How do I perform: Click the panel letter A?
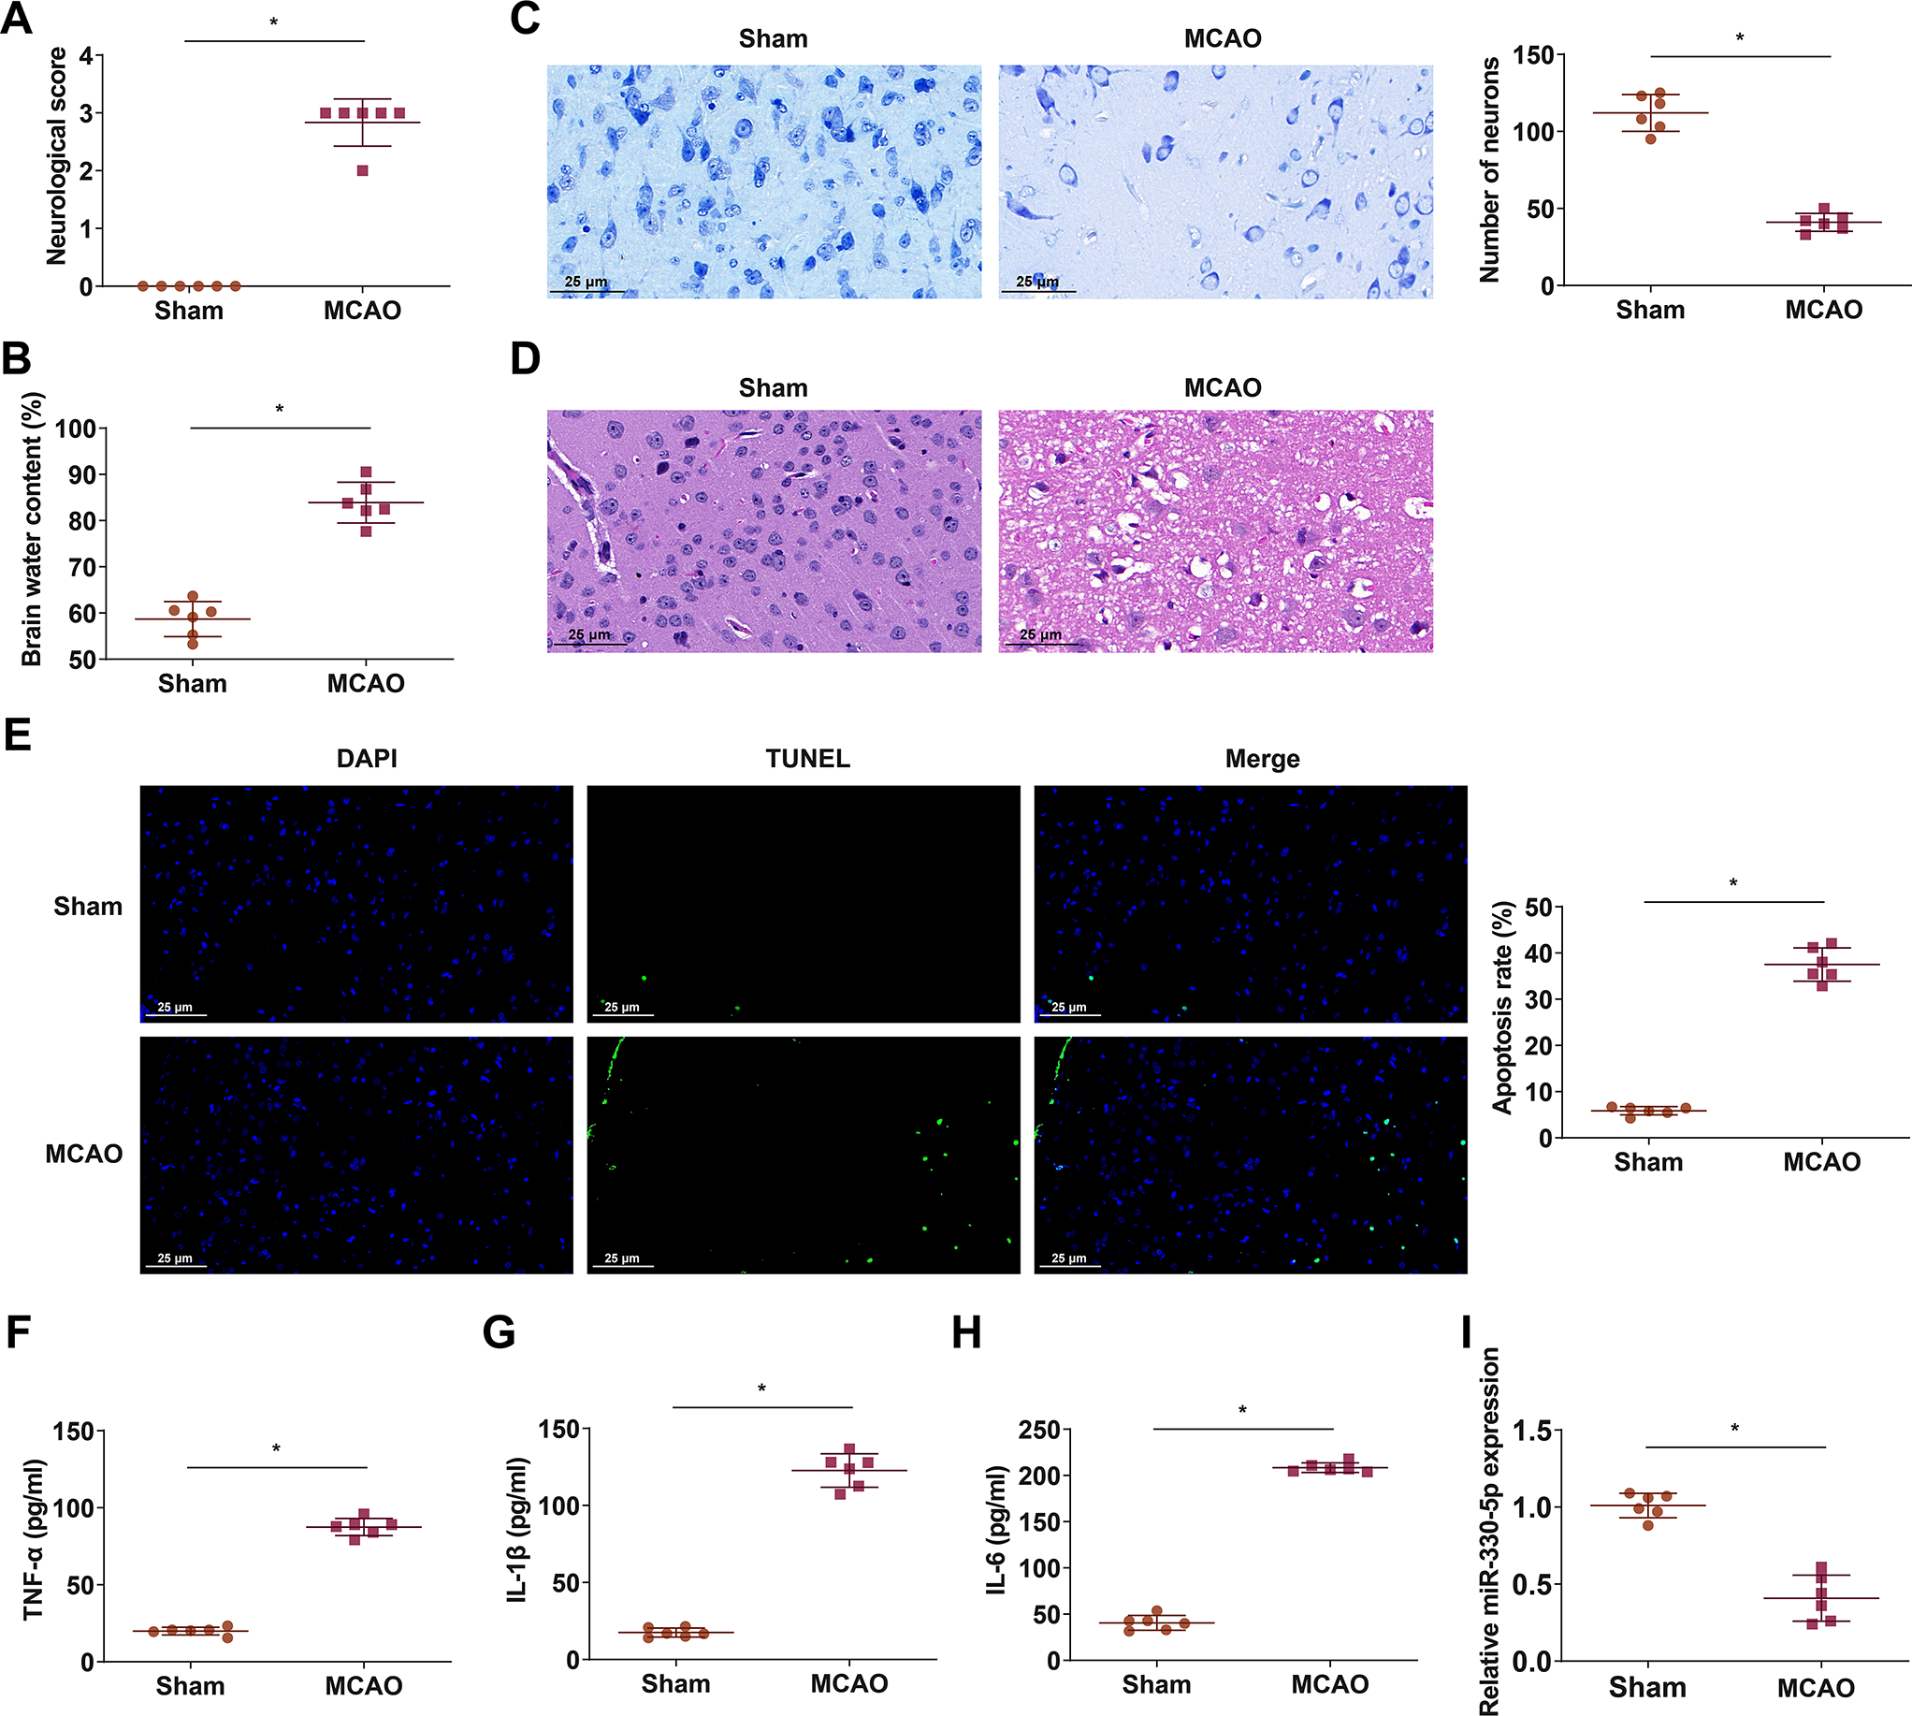[16, 18]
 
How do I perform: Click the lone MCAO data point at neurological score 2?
[362, 170]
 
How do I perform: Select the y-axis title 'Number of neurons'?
[1489, 169]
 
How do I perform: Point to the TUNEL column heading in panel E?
[807, 759]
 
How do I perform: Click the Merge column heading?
[1262, 759]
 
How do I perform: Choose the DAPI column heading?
[367, 759]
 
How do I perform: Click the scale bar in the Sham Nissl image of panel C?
[587, 291]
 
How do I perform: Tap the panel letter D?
[525, 359]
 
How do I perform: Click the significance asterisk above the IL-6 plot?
[1242, 1412]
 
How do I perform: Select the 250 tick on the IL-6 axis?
[1039, 1431]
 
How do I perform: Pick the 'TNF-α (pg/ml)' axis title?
[34, 1540]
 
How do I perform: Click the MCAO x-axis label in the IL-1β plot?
[848, 1684]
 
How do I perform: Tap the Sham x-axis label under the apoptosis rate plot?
[1648, 1162]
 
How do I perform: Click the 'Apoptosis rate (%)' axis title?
[1503, 1007]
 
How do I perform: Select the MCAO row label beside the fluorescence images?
[84, 1154]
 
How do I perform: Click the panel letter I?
[1466, 1334]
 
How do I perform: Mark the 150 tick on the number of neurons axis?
[1533, 55]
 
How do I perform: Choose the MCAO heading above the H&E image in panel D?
[1222, 388]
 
